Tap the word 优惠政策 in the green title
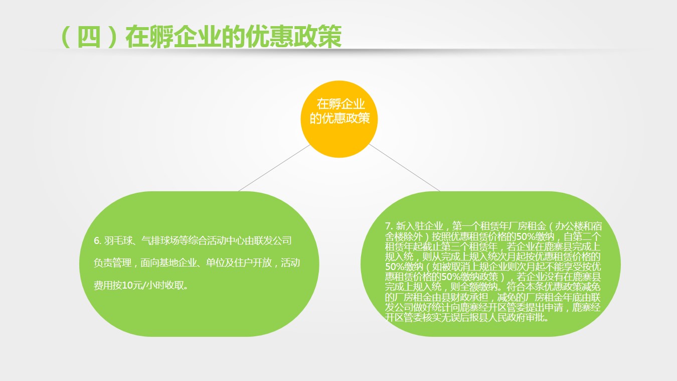click(293, 37)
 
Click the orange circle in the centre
click(339, 119)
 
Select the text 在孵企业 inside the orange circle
click(341, 104)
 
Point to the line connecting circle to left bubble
click(274, 168)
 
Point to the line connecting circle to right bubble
click(404, 167)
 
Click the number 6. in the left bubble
click(97, 241)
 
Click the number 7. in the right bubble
click(389, 226)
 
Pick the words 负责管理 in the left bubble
click(112, 263)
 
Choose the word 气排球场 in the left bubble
click(160, 241)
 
